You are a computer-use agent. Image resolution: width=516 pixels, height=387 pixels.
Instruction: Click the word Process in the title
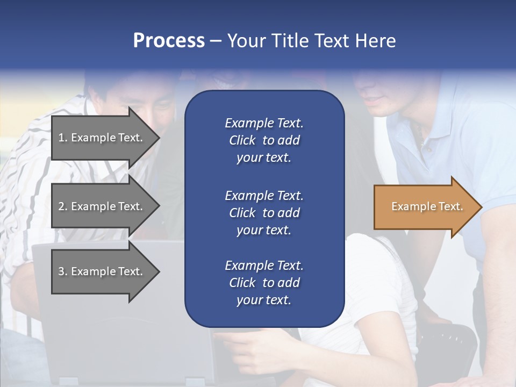pos(169,41)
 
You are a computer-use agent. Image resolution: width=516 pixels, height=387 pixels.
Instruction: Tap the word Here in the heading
pos(375,41)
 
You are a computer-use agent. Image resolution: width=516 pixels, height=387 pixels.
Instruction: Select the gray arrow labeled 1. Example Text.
pos(102,138)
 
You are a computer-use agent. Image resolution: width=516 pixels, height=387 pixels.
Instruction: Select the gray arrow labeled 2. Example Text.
pos(102,206)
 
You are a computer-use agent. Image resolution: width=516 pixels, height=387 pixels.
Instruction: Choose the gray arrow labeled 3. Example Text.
pos(102,271)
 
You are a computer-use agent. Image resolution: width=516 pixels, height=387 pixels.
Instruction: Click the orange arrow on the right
pos(425,206)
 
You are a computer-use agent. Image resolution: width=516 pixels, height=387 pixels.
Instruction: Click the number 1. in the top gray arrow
pos(63,138)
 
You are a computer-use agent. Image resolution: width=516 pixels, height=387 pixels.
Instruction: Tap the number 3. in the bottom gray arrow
pos(63,271)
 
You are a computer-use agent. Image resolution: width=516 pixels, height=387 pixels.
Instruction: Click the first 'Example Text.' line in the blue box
pos(264,123)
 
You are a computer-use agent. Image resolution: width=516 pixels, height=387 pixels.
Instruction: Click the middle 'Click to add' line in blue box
pos(264,213)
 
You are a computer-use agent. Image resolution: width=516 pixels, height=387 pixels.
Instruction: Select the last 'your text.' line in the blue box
pos(264,300)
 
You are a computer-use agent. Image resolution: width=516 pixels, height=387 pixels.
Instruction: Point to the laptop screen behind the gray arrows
pos(107,322)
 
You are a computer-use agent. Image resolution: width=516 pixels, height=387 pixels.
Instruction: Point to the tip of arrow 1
pos(159,138)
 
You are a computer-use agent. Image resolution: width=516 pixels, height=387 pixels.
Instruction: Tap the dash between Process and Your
pos(216,41)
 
